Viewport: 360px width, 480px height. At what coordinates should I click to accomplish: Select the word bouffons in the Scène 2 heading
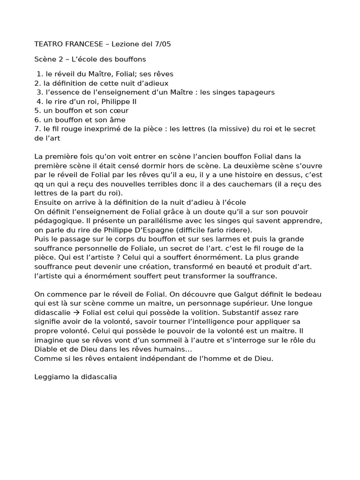click(131, 59)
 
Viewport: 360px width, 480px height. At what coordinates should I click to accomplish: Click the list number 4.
click(39, 101)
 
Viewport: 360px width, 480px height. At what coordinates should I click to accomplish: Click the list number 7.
click(37, 129)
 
